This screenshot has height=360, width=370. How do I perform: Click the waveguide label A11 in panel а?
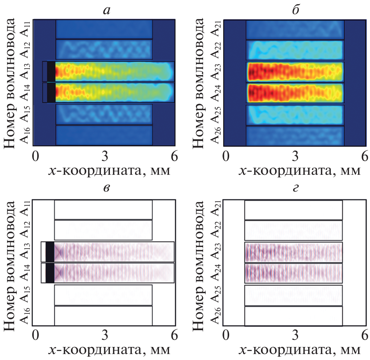pos(25,29)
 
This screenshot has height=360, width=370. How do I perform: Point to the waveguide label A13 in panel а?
pos(25,71)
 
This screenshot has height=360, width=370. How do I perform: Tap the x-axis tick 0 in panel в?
pos(35,335)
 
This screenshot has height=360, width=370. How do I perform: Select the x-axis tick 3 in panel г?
pos(295,335)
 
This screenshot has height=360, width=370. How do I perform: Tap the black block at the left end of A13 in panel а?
pos(51,71)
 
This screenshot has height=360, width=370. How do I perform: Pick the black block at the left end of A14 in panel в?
pos(50,273)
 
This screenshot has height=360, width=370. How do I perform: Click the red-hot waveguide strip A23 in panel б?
pos(294,71)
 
